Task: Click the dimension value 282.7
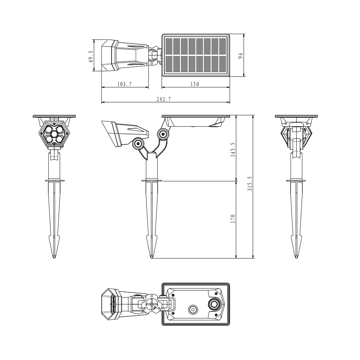tap(163, 99)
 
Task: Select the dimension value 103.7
tap(125, 84)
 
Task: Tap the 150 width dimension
tap(194, 84)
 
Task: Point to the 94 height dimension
tap(241, 55)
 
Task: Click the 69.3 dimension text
tap(91, 56)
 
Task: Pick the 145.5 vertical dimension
tap(233, 149)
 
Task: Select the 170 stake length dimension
tap(233, 219)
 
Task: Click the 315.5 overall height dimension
tap(250, 184)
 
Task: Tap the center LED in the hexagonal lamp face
tap(54, 134)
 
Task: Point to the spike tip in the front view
tap(54, 256)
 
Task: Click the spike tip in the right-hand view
tap(296, 256)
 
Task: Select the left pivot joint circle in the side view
tap(138, 144)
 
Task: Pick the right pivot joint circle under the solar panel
tap(163, 134)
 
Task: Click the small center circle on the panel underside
tap(193, 309)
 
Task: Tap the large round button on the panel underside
tap(215, 304)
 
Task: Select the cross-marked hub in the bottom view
tap(153, 305)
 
